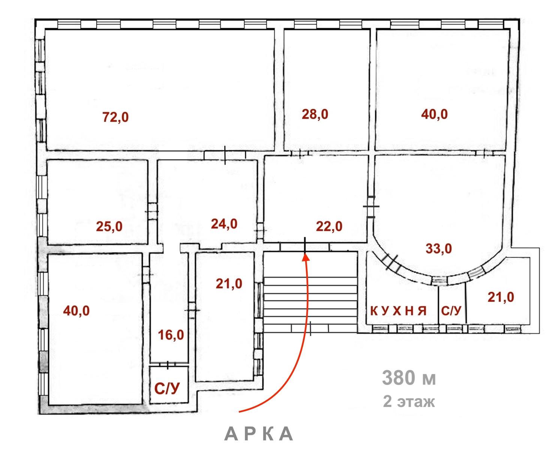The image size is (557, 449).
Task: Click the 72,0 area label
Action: coord(115,117)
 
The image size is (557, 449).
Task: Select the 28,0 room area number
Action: coord(315,114)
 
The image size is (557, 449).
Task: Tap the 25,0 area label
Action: coord(109,227)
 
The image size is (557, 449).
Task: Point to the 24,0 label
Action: coord(224,224)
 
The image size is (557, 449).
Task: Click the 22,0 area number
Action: coord(329,226)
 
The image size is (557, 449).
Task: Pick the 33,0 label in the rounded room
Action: coord(439,248)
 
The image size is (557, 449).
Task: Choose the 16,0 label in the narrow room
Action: coord(171,335)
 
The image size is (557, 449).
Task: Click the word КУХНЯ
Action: coord(398,311)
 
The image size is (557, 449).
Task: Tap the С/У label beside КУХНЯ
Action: coord(451,311)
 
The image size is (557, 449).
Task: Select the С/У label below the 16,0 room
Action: coord(167,389)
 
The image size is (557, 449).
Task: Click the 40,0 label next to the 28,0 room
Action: coord(434,114)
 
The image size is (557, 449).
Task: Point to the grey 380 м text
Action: coord(409,378)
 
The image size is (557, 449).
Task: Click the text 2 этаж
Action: coord(409,402)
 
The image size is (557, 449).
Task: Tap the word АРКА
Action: coord(259,434)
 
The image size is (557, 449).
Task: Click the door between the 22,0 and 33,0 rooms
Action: coord(371,207)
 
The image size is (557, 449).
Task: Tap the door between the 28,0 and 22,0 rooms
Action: coord(301,153)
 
